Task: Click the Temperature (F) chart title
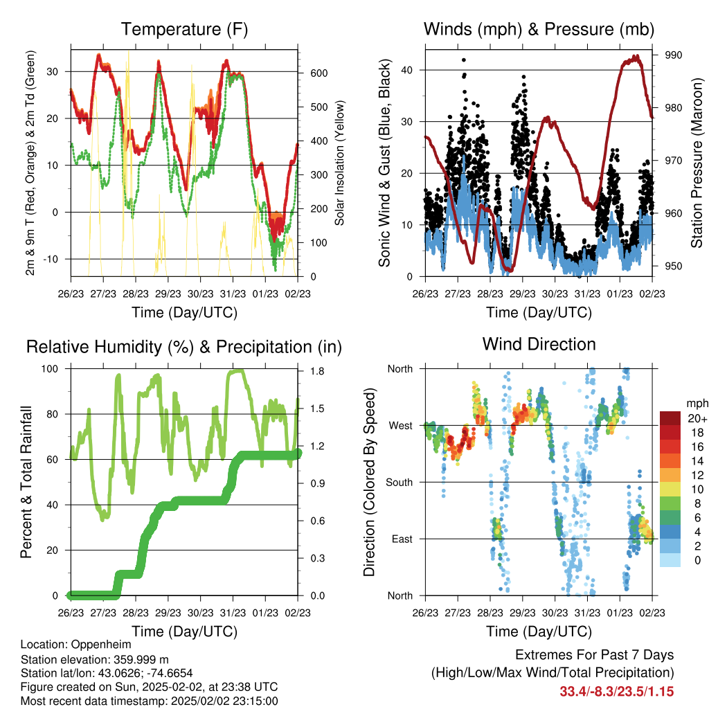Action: click(184, 29)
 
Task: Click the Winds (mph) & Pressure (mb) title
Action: click(539, 29)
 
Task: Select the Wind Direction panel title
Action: click(539, 344)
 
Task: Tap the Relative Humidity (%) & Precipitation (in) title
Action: click(184, 347)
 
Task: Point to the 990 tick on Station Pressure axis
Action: click(673, 55)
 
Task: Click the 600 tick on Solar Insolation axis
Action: click(318, 73)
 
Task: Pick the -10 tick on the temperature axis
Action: click(50, 259)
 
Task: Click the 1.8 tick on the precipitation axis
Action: click(317, 371)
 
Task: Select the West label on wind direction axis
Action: click(401, 426)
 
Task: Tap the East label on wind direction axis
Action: click(402, 539)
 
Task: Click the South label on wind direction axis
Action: click(400, 483)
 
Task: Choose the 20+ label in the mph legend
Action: click(697, 418)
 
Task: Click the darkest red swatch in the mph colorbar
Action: click(670, 418)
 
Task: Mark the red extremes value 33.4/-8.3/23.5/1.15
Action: click(617, 692)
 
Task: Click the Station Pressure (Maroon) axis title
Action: click(697, 163)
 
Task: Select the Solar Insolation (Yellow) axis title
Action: click(339, 163)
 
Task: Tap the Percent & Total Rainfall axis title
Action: click(26, 482)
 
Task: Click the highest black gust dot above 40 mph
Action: click(463, 60)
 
